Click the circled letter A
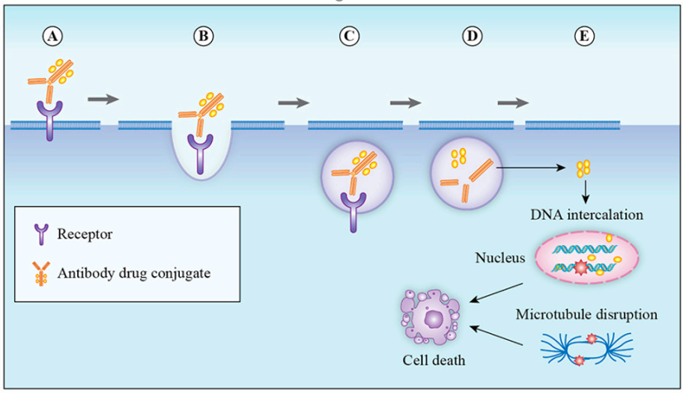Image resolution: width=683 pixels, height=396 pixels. coord(52,36)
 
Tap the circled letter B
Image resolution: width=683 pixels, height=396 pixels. coord(204,36)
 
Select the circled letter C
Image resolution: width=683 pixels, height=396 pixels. coord(349,36)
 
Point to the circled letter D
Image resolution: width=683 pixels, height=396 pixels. coord(472,36)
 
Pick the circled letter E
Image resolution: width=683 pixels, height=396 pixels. coord(584,36)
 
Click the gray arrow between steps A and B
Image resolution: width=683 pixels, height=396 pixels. coord(103,100)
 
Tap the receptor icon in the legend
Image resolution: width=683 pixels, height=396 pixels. coord(41,234)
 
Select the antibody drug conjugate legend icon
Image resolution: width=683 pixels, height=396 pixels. coord(41,274)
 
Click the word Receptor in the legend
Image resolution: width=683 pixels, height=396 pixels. coord(85,234)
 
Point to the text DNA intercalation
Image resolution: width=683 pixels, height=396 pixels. coord(586,215)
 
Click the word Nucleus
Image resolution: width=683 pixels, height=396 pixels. coord(500,258)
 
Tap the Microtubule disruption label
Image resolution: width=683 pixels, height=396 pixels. coord(586,314)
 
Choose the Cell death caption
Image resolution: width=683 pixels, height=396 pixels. coord(434,360)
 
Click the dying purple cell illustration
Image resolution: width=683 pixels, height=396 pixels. coord(431,317)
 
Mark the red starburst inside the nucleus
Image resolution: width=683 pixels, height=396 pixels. coord(580,267)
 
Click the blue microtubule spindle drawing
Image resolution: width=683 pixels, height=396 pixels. coord(586,349)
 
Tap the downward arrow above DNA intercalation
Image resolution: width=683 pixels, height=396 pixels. coord(586,192)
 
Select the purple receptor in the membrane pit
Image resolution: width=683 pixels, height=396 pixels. coord(200,153)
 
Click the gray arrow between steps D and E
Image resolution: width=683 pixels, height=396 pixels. coord(513,103)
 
